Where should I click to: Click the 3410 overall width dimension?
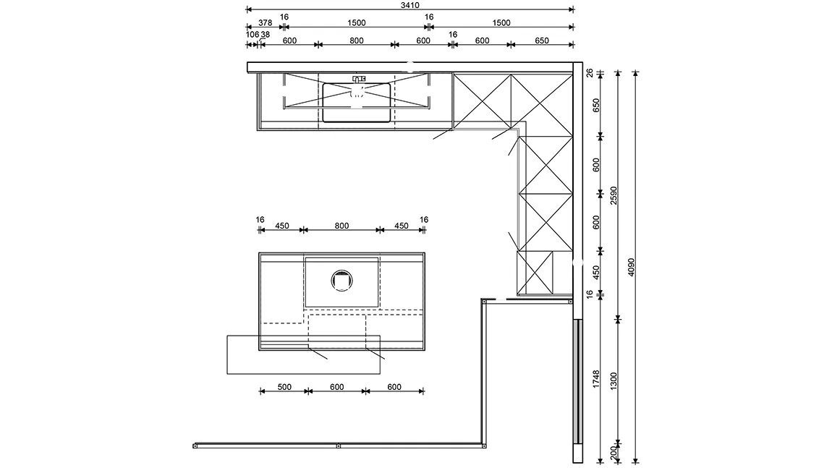click(409, 4)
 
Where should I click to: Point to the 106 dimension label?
click(252, 35)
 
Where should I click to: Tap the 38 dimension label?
click(265, 35)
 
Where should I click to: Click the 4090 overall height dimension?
click(631, 268)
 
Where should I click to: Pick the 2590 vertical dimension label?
click(613, 195)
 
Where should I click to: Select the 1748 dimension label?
click(595, 380)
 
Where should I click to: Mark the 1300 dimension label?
click(613, 380)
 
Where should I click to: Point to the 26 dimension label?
click(589, 72)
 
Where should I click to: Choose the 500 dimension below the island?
click(284, 387)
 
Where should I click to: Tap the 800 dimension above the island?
click(341, 226)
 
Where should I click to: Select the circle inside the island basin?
click(341, 280)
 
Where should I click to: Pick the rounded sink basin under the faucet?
click(356, 103)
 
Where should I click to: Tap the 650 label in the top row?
click(542, 41)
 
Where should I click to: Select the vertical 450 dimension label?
click(595, 272)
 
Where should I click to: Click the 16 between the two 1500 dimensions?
click(429, 17)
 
